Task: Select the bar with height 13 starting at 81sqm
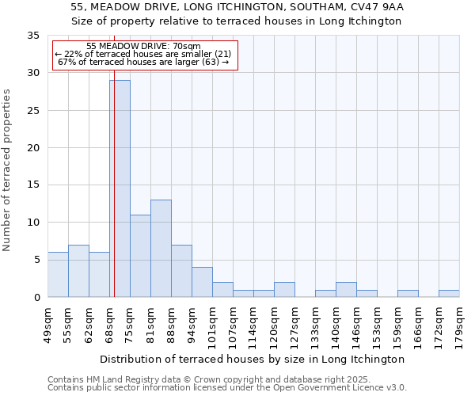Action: (161, 249)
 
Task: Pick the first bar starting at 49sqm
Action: (58, 275)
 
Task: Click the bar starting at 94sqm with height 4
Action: (202, 282)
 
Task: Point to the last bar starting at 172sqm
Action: (449, 294)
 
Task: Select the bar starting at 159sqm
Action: (408, 294)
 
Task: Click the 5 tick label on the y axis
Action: (36, 260)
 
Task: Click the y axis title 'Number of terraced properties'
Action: (7, 169)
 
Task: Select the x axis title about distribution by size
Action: (253, 359)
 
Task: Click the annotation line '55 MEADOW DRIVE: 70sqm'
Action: (143, 47)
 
